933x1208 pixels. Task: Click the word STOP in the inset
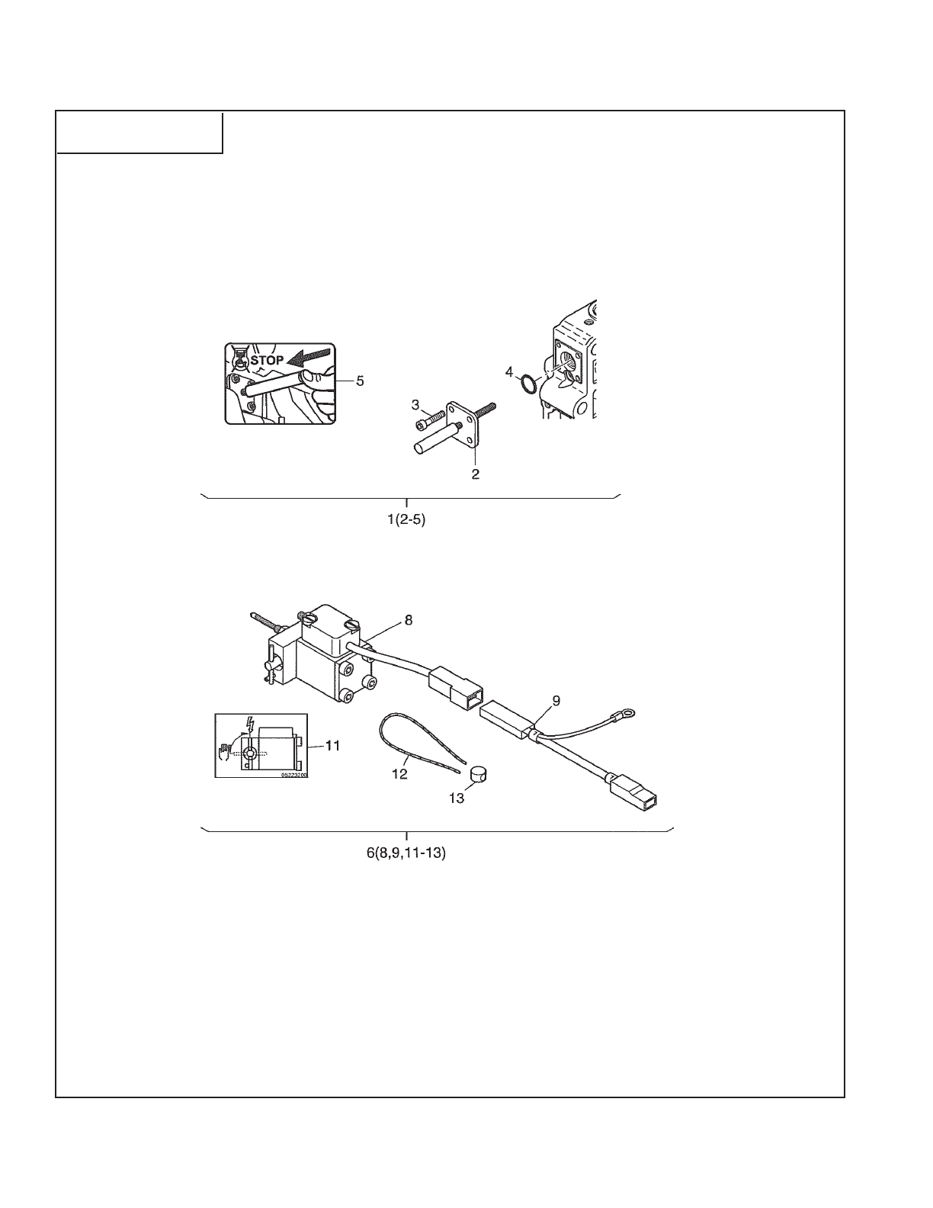coord(267,360)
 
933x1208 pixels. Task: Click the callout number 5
coord(360,382)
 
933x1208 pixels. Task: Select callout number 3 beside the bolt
coord(416,403)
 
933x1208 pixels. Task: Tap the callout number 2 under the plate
coord(475,474)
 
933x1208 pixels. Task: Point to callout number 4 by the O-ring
coord(509,371)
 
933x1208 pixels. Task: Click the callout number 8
coord(409,620)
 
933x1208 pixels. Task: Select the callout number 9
coord(556,699)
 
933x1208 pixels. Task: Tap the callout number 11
coord(332,746)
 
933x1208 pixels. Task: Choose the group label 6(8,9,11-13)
coord(406,853)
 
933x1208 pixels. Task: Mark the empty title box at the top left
coord(139,132)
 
